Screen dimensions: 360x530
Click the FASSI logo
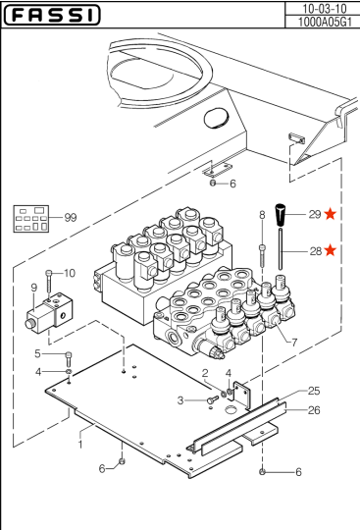(x=52, y=15)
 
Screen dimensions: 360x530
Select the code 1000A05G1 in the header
(x=325, y=22)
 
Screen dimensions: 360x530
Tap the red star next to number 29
(x=330, y=214)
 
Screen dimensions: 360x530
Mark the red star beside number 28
(x=330, y=250)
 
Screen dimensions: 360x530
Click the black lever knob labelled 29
(x=281, y=215)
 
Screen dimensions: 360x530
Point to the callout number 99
(x=71, y=217)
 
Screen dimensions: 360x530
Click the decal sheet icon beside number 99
(x=31, y=219)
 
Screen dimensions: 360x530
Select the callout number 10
(x=70, y=273)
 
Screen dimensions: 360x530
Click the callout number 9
(x=33, y=288)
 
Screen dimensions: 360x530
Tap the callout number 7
(x=294, y=343)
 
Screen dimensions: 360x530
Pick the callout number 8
(x=262, y=215)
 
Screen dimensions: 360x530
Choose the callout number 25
(x=314, y=391)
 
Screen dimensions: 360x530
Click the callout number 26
(x=314, y=410)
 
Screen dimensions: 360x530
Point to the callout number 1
(x=80, y=445)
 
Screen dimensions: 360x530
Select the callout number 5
(x=37, y=353)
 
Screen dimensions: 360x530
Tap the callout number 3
(x=180, y=400)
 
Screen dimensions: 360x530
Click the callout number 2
(x=205, y=373)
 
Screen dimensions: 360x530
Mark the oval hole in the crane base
(x=216, y=118)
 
